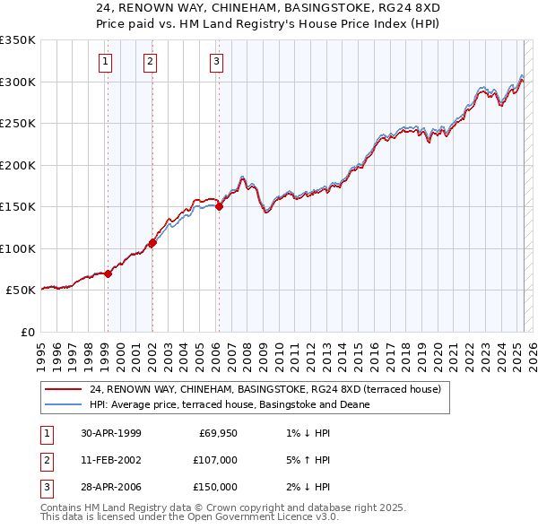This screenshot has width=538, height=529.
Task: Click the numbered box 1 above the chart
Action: point(106,62)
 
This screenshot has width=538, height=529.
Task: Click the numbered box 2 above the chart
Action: point(150,62)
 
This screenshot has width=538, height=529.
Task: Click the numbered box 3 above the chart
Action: point(217,62)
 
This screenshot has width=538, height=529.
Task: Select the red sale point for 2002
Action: point(152,242)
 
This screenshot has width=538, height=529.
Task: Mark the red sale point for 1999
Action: point(108,273)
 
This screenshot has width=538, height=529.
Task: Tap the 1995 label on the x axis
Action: point(40,348)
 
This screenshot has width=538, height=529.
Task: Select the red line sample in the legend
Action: point(63,390)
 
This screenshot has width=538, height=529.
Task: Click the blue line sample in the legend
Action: point(63,404)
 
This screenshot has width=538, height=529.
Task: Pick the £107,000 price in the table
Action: point(215,460)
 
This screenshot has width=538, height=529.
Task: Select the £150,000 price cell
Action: point(215,487)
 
